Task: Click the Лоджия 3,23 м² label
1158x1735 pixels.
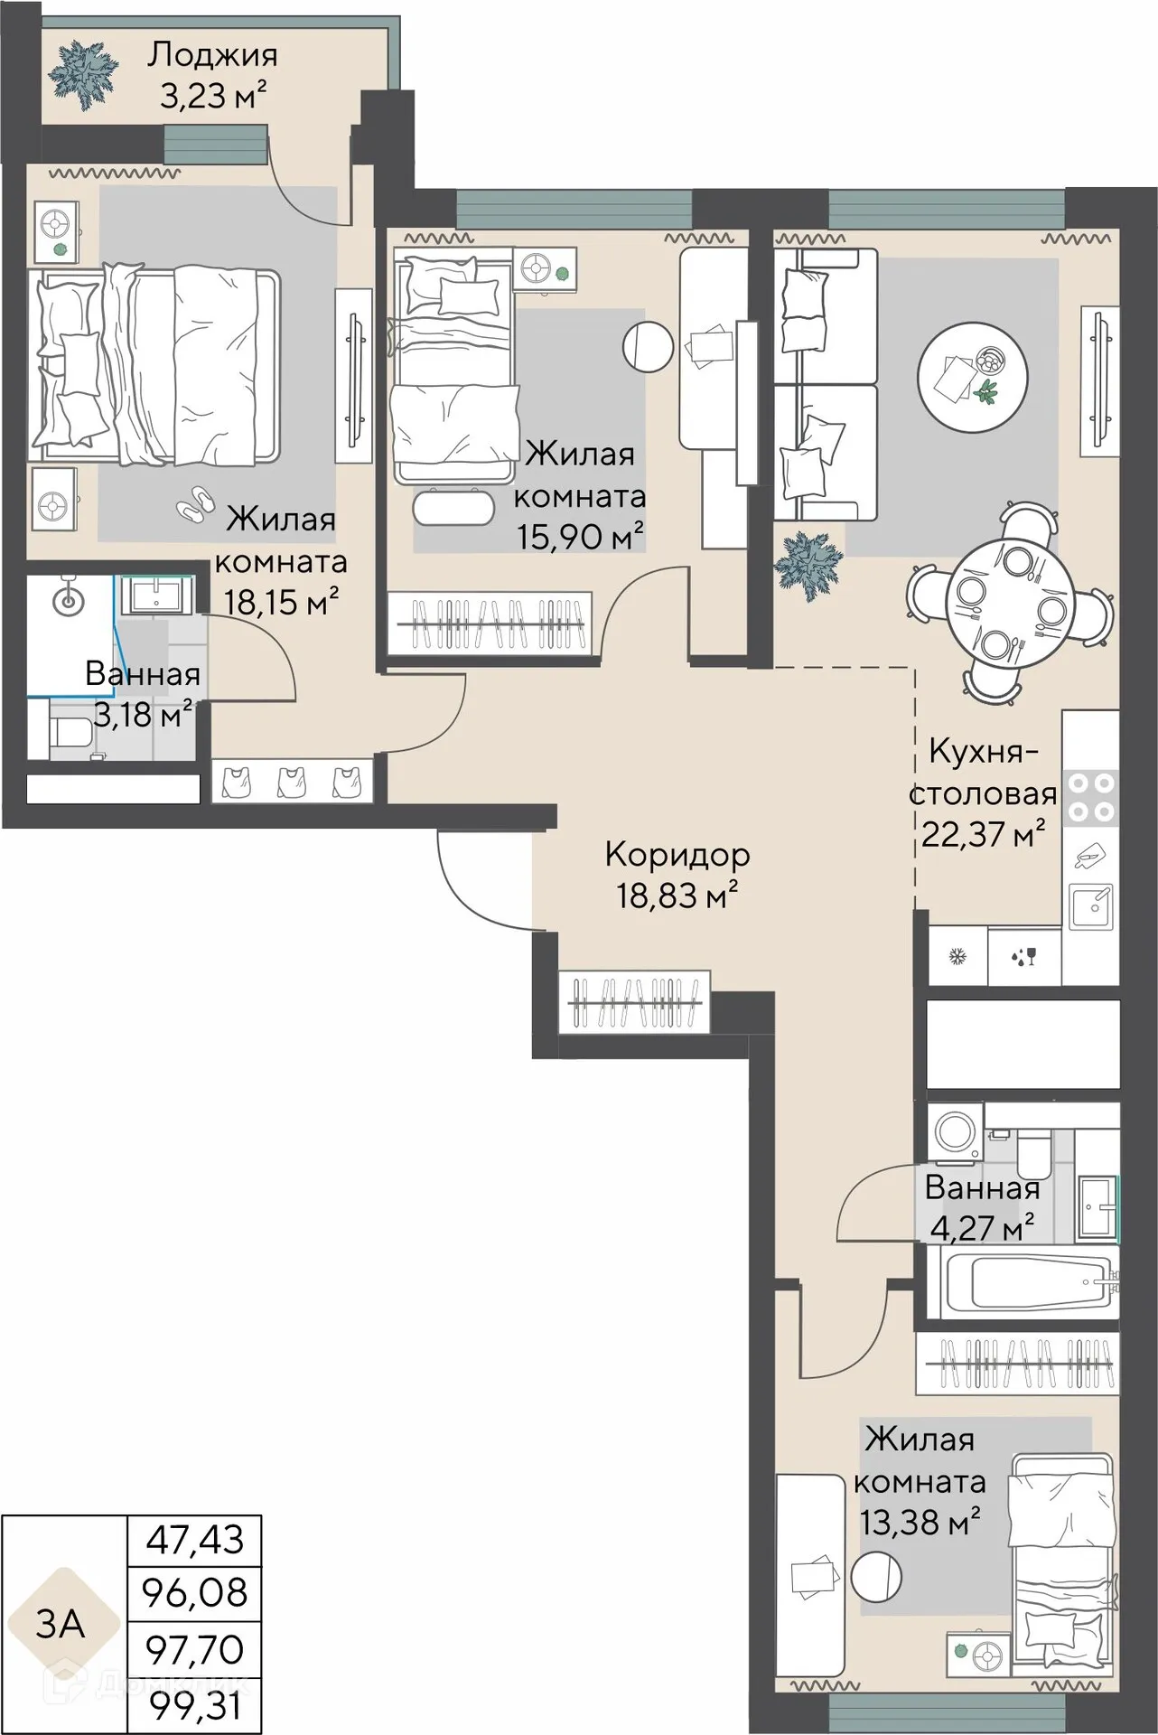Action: click(x=213, y=75)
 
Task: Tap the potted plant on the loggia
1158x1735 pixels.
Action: click(x=84, y=73)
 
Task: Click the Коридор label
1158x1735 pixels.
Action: click(x=677, y=854)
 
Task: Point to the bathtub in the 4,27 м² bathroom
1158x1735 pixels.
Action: click(x=1029, y=1282)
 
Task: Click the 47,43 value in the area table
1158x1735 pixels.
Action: click(x=195, y=1540)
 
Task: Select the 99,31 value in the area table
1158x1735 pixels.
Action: click(x=195, y=1707)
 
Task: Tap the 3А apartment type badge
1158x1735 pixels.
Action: click(x=60, y=1624)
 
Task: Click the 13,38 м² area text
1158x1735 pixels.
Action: click(x=920, y=1523)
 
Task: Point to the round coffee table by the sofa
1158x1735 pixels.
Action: click(x=973, y=378)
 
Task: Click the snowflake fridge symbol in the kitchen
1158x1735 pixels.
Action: click(x=957, y=955)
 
